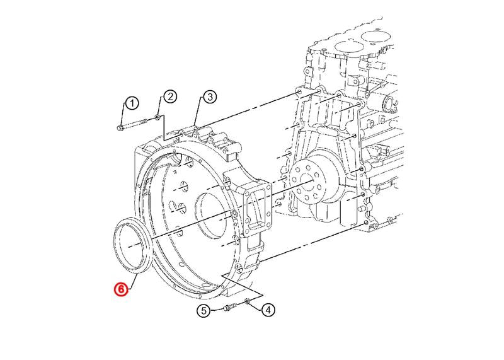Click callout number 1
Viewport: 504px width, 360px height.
pos(132,103)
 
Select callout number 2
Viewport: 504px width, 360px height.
pos(170,96)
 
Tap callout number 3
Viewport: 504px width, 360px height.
pos(210,96)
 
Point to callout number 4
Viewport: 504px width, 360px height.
pos(268,310)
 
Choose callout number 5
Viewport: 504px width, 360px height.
pos(203,311)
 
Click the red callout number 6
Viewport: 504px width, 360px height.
pos(121,289)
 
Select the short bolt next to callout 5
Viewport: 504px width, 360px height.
pos(231,307)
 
